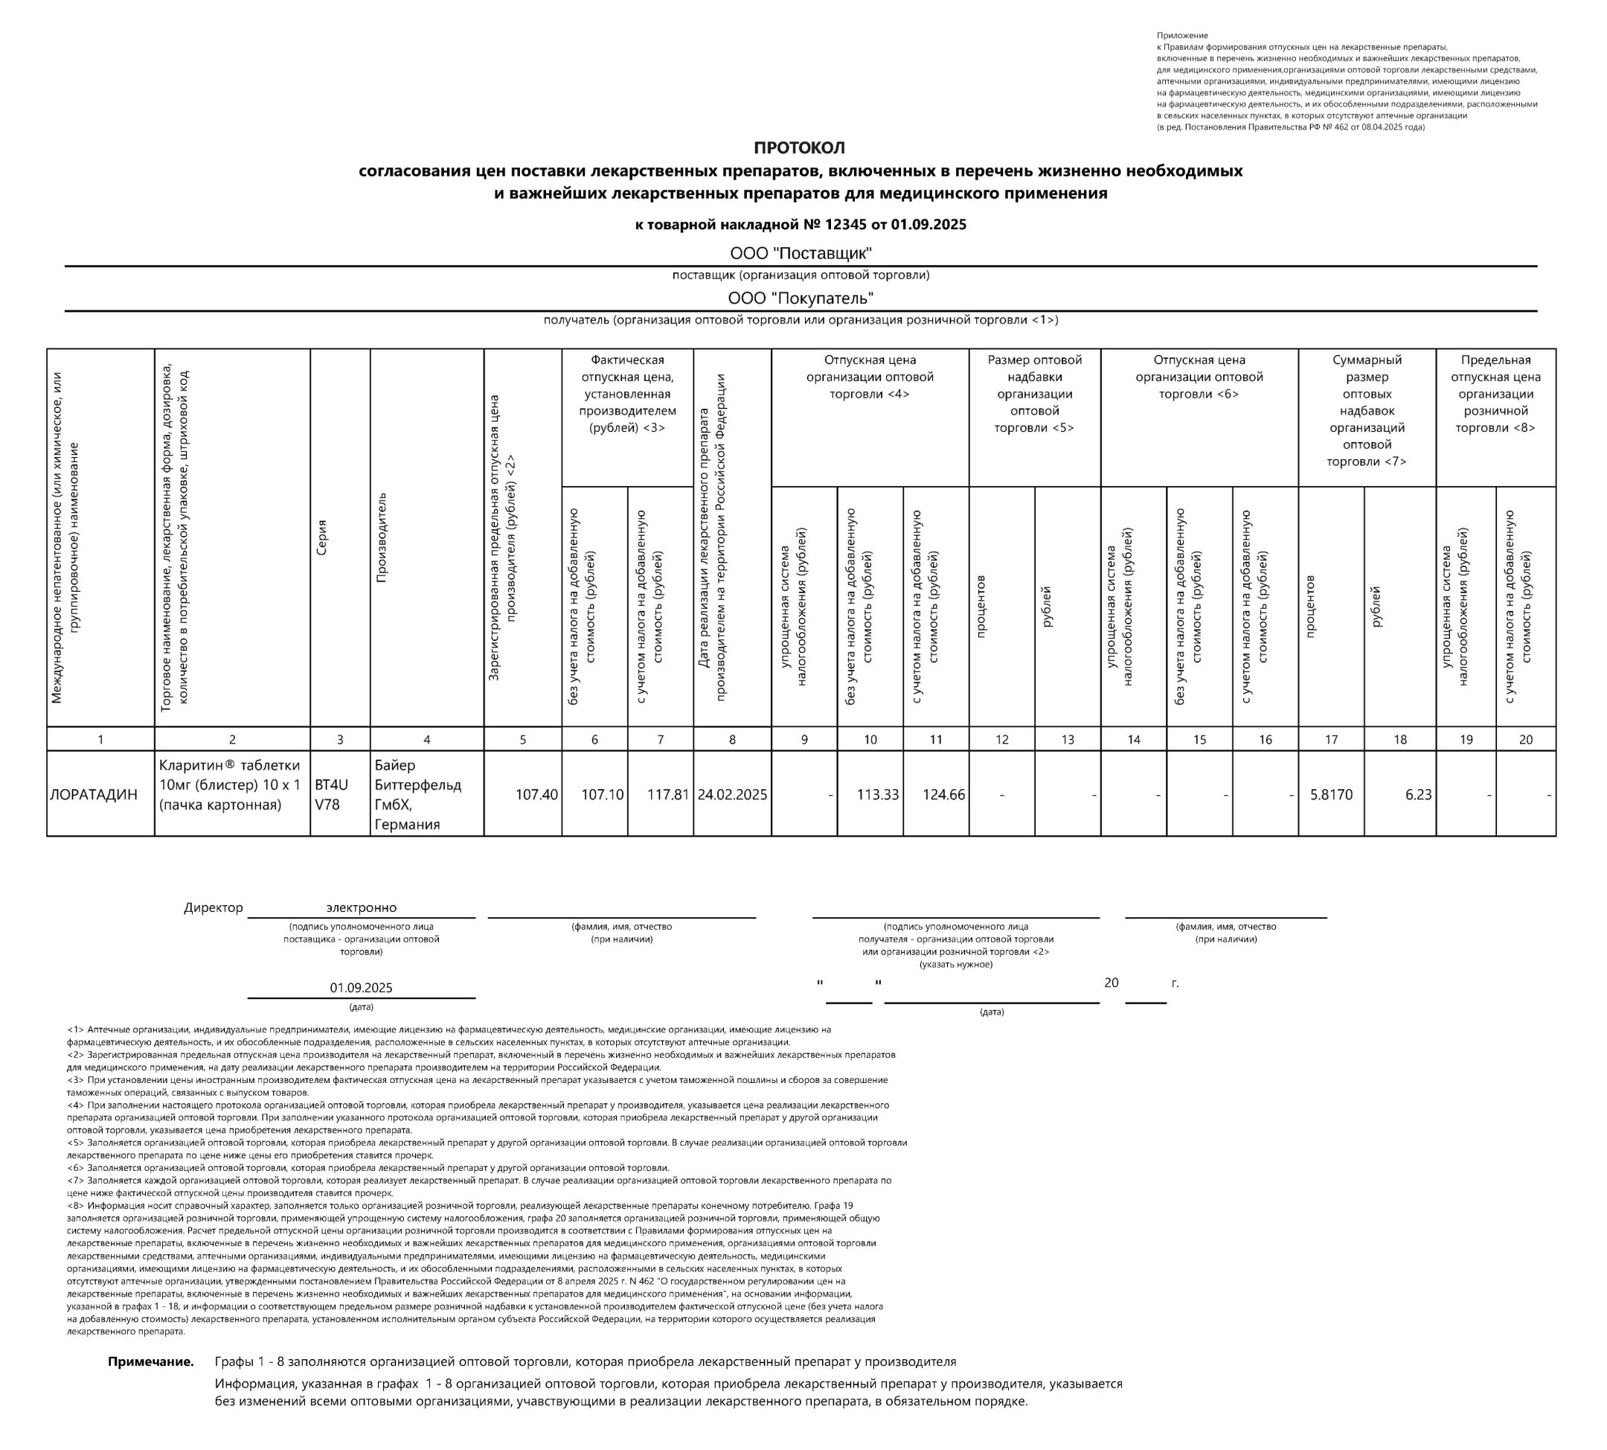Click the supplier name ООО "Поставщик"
point(801,253)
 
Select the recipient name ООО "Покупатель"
point(801,298)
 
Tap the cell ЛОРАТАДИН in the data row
point(94,794)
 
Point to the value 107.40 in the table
point(536,794)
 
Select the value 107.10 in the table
point(602,794)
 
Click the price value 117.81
point(667,794)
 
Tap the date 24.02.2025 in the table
point(732,794)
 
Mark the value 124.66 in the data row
point(943,794)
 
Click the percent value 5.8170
point(1331,794)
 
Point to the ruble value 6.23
point(1418,794)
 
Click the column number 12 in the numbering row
point(1002,739)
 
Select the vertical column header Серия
point(321,537)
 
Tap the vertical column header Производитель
point(381,537)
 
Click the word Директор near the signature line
point(213,907)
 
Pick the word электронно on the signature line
point(361,907)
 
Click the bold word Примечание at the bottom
point(150,1361)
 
